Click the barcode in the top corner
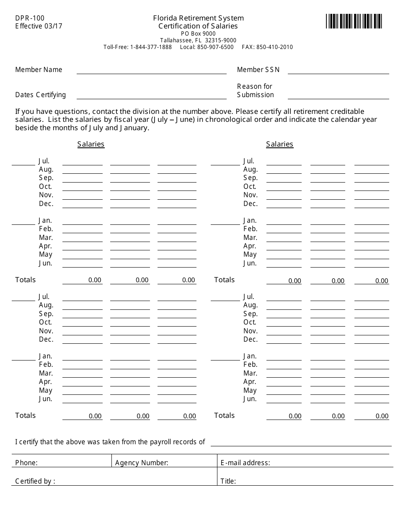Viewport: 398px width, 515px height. pos(354,21)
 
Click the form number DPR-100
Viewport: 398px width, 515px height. pos(30,18)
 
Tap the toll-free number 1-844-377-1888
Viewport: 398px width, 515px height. pos(151,47)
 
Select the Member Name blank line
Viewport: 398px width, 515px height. pos(151,70)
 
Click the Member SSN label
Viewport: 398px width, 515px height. pos(258,70)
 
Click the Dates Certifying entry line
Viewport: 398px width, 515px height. pos(151,95)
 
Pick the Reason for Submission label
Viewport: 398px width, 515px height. pos(255,90)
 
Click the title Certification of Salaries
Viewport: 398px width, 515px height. pos(198,26)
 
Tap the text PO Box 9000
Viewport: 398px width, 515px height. pos(198,33)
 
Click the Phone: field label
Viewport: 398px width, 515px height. pos(26,463)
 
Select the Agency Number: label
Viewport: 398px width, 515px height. pos(142,463)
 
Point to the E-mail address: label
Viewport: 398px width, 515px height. pos(245,463)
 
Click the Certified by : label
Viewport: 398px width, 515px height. pos(35,481)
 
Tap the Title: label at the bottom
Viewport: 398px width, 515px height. pos(228,481)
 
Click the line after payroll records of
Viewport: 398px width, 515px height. pos(302,443)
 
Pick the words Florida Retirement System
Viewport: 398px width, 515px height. pos(198,18)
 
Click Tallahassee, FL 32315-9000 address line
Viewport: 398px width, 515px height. pos(198,40)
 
